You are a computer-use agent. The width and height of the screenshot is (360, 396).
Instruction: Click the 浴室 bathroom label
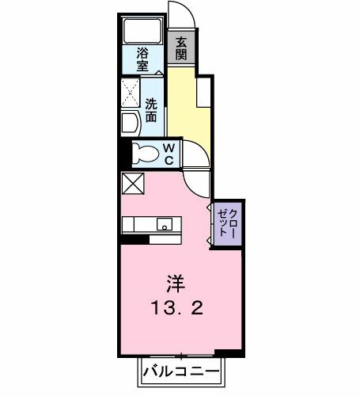(x=142, y=59)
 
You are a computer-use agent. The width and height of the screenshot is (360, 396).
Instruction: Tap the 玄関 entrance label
(x=181, y=48)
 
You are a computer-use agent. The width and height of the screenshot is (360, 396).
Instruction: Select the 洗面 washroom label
(x=150, y=109)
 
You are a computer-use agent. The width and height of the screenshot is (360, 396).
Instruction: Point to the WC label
(x=169, y=154)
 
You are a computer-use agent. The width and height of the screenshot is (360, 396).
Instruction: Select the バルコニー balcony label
(x=182, y=371)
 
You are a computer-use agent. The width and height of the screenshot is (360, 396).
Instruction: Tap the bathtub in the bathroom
(x=142, y=33)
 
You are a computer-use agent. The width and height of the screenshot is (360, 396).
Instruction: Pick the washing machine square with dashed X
(x=131, y=94)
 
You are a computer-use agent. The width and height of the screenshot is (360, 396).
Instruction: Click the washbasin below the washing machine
(x=129, y=123)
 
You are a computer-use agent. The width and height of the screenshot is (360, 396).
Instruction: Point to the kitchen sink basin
(x=165, y=223)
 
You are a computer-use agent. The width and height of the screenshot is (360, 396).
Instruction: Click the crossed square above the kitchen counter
(x=131, y=183)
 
